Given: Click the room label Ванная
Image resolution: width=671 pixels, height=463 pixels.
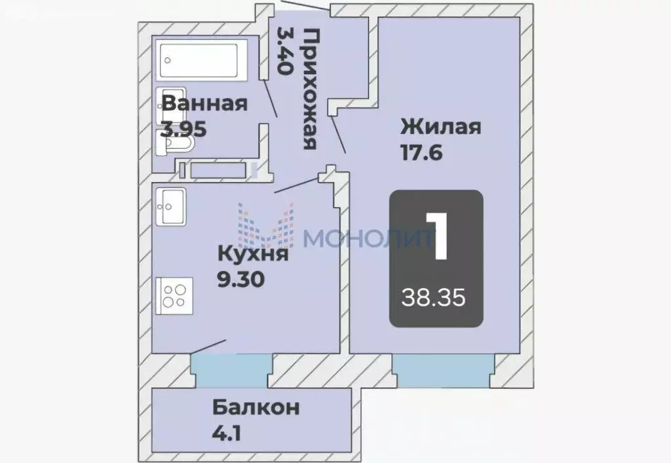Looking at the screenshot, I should pyautogui.click(x=204, y=104).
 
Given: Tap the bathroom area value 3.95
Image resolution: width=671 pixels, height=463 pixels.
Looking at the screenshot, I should pyautogui.click(x=185, y=129).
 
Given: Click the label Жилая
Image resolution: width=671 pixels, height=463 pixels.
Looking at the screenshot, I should pyautogui.click(x=441, y=126).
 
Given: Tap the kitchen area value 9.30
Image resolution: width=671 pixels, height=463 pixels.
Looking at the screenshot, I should pyautogui.click(x=240, y=280).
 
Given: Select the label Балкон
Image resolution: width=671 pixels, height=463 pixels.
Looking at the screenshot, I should pyautogui.click(x=256, y=407).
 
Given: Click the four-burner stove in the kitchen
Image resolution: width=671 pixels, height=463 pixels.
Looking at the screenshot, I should pyautogui.click(x=174, y=296).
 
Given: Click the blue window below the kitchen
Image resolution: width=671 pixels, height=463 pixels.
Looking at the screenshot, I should pyautogui.click(x=231, y=371).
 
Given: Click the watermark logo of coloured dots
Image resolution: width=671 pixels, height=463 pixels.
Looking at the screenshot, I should pyautogui.click(x=265, y=229).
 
